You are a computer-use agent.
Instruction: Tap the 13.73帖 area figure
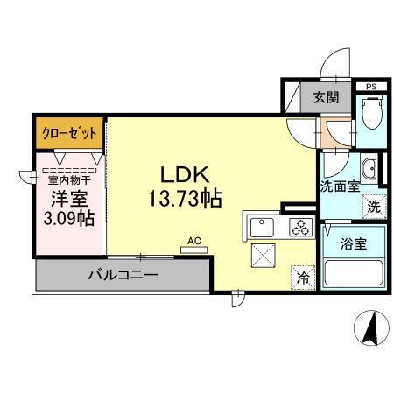pyautogui.click(x=181, y=199)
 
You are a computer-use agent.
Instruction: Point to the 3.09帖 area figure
pyautogui.click(x=69, y=216)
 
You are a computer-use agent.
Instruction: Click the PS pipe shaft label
pyautogui.click(x=372, y=87)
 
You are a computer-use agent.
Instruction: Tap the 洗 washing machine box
pyautogui.click(x=373, y=208)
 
